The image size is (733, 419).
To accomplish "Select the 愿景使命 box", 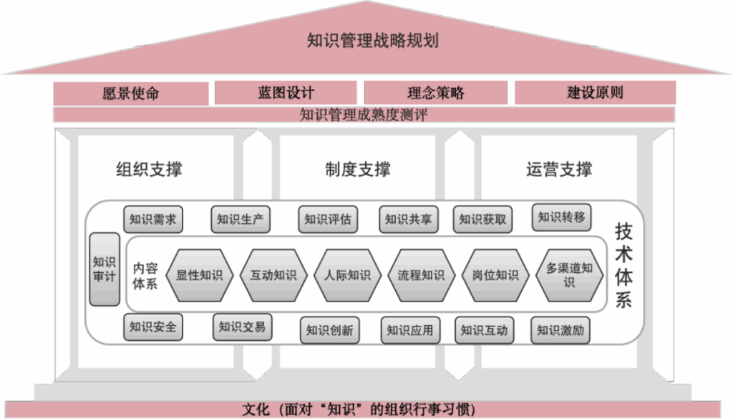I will [131, 93].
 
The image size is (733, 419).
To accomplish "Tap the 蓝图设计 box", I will [286, 93].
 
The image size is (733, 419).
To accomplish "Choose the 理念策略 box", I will [436, 93].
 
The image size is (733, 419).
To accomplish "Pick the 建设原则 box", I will [595, 93].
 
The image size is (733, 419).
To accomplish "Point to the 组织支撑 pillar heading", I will [149, 170].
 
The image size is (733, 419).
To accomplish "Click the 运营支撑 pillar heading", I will [559, 170].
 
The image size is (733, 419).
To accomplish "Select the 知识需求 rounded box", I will [153, 219].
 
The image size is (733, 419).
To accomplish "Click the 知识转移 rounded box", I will [562, 217].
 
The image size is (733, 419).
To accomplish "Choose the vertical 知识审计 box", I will [105, 269].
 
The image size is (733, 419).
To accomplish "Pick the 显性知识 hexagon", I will [200, 275].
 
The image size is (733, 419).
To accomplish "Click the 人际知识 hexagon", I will [347, 275].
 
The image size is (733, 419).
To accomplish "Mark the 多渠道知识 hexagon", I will [569, 275].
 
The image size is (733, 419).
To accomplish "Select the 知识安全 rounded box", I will [152, 327].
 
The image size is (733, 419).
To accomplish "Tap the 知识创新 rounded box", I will [329, 330].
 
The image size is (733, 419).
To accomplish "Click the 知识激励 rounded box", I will [560, 330].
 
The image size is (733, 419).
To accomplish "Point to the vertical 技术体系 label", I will [623, 265].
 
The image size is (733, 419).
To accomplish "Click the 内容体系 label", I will [145, 275].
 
